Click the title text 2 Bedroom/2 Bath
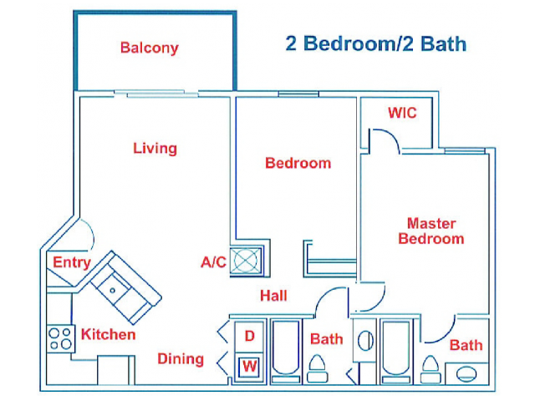(375, 44)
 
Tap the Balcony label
(149, 48)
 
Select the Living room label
(155, 149)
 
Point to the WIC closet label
(401, 113)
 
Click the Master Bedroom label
(431, 231)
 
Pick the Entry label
(71, 262)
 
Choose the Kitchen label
(108, 335)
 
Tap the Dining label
(181, 359)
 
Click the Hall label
(273, 296)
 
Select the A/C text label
(213, 262)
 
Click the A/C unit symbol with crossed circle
(247, 260)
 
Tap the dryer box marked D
(249, 337)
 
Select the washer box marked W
(249, 366)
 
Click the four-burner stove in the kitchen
(60, 338)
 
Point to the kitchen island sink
(114, 288)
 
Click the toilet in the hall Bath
(318, 366)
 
